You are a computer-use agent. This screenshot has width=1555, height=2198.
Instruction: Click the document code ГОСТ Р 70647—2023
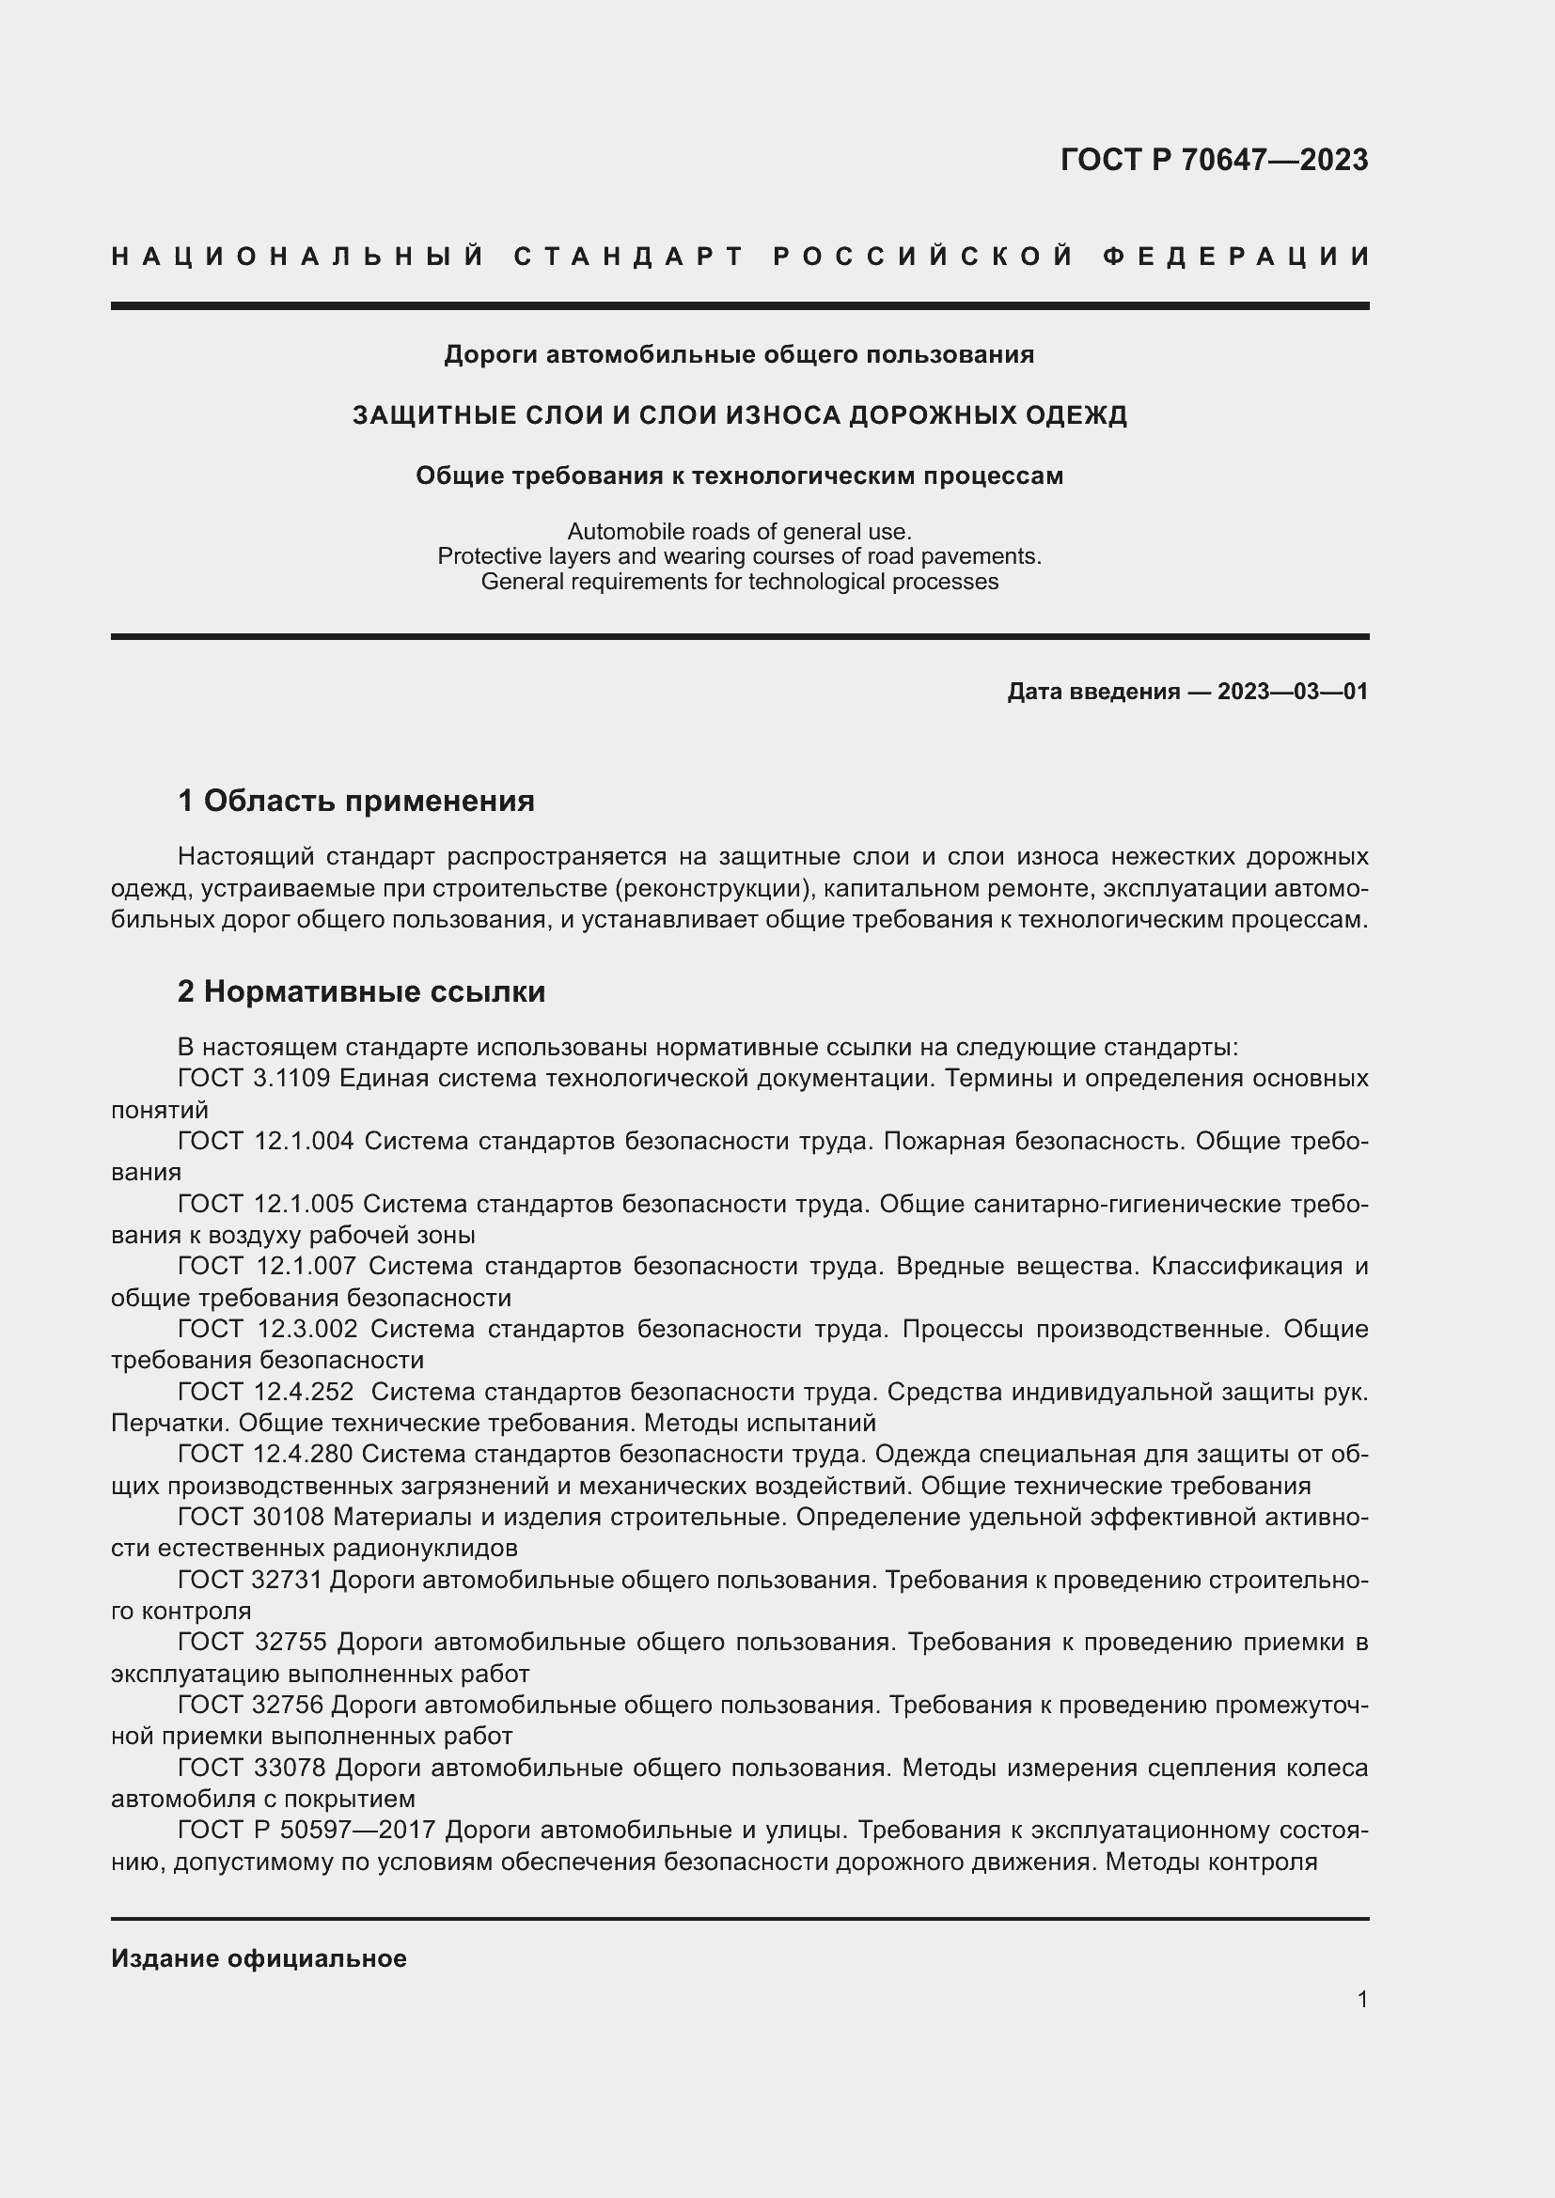[1213, 160]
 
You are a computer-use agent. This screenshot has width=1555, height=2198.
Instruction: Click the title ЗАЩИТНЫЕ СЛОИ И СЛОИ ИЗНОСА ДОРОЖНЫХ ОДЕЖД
[739, 415]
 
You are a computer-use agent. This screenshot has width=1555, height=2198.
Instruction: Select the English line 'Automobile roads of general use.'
[739, 530]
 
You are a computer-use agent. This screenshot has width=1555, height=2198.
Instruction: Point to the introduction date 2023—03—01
[1292, 692]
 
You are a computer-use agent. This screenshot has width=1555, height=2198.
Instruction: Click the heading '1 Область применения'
[356, 801]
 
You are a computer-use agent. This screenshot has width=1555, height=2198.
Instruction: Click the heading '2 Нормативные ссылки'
[361, 991]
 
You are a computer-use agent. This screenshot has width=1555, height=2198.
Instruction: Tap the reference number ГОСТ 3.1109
[254, 1078]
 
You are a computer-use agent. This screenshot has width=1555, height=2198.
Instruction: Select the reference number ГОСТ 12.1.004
[265, 1141]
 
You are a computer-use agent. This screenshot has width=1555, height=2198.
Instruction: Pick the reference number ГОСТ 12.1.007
[266, 1266]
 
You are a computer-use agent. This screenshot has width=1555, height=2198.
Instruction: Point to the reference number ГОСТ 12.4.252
[265, 1391]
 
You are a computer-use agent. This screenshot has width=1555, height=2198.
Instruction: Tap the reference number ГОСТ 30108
[251, 1517]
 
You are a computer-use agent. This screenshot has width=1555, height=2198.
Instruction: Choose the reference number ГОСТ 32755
[253, 1641]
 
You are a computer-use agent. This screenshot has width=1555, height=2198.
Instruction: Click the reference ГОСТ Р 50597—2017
[306, 1830]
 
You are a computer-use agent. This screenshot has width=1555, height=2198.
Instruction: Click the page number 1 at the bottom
[1361, 1999]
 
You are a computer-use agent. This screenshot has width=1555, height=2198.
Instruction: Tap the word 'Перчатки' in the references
[168, 1423]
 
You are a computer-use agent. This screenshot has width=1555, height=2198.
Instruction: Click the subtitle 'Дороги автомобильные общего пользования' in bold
[739, 355]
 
